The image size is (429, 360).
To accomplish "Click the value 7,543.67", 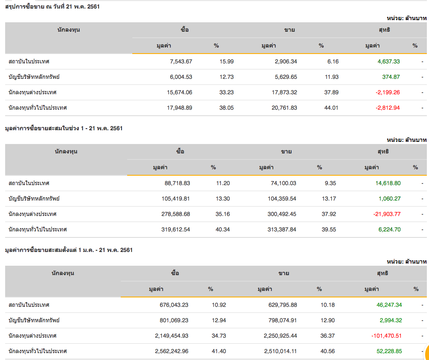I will coord(181,61).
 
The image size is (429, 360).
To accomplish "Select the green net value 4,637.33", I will coord(388,61).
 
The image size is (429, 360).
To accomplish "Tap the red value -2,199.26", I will coord(387,92).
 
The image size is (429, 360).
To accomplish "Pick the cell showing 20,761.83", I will coord(281,108).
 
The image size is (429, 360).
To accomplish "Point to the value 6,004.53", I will coord(181,77).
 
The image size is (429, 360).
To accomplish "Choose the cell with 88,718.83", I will coord(177,183).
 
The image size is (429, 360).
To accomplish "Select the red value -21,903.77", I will coord(387,214).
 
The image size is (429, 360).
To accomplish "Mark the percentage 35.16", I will coord(223,214).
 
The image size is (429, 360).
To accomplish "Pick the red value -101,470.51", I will coord(385,336).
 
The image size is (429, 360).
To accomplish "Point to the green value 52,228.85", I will coord(387,351).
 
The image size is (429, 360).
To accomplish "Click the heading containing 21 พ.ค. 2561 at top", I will coord(52,6).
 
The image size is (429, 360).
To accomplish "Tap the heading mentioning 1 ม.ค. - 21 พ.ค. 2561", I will coord(69,250).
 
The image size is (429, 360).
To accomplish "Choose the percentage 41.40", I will coord(219,351).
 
